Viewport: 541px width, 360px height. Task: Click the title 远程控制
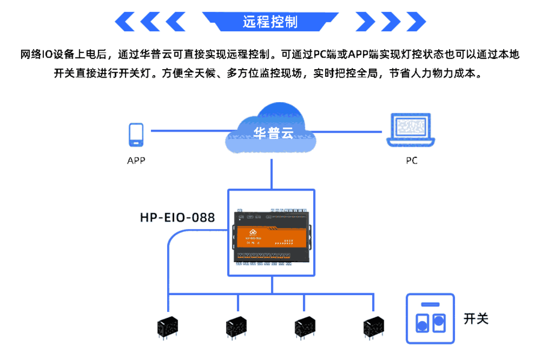[270, 22]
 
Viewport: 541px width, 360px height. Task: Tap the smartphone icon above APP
[136, 135]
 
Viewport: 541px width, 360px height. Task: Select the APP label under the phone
[136, 160]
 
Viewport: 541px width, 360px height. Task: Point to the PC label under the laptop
[411, 160]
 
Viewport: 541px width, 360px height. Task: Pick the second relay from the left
[236, 326]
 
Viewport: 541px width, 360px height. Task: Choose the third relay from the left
[305, 326]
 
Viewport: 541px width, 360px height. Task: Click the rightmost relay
[373, 326]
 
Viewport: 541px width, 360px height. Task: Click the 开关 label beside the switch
[476, 319]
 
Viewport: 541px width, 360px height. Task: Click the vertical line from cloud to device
[272, 174]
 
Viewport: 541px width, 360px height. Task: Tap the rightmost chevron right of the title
[415, 22]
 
